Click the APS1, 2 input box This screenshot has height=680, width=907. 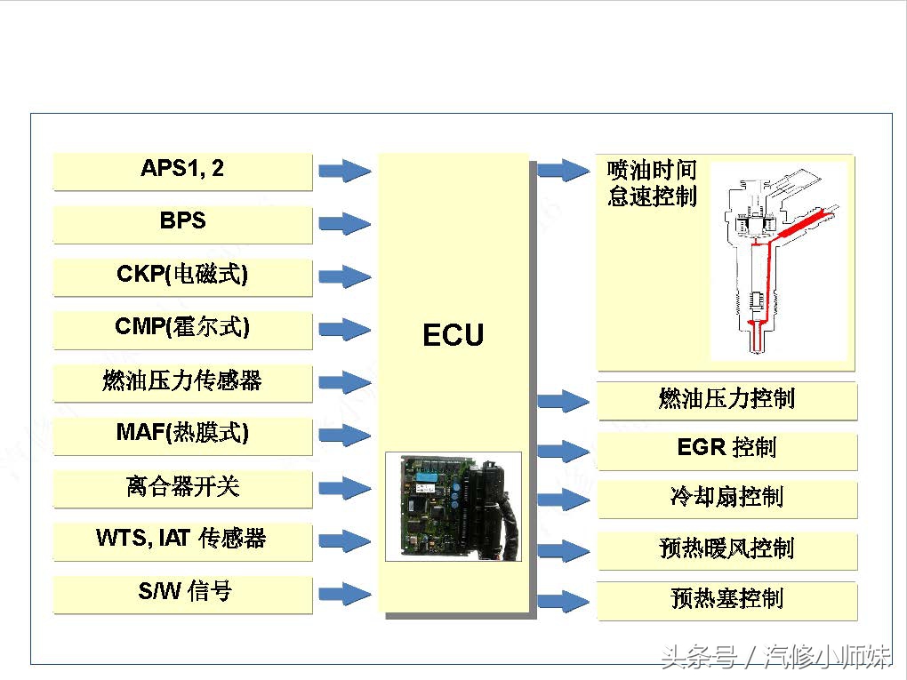(x=182, y=170)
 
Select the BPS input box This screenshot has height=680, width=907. (x=182, y=222)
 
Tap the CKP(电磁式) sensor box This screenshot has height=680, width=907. (x=182, y=276)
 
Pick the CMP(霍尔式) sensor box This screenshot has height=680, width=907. (x=182, y=328)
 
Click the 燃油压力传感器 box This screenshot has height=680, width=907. (x=182, y=381)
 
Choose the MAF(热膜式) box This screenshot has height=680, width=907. (x=182, y=434)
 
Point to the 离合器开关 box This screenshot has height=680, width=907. (x=182, y=487)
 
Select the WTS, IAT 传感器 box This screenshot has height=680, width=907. (x=182, y=540)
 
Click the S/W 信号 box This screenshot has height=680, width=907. (x=182, y=593)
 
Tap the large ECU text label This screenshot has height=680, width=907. (x=453, y=336)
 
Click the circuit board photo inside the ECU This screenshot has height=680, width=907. (x=453, y=507)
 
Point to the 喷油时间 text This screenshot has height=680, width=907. (x=652, y=170)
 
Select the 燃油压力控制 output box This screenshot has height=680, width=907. (x=726, y=399)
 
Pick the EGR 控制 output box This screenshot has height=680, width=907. (x=726, y=448)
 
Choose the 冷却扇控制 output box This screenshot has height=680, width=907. (x=726, y=497)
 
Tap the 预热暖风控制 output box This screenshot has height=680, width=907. (x=726, y=548)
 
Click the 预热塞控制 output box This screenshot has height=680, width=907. (x=726, y=599)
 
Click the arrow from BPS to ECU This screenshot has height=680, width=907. (x=345, y=223)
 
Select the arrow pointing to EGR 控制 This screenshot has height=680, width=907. (x=564, y=452)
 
